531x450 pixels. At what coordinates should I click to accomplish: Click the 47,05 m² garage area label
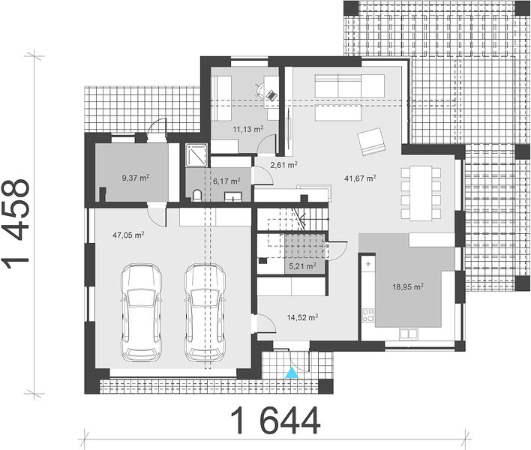(x=128, y=235)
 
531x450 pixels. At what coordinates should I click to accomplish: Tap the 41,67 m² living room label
(x=360, y=178)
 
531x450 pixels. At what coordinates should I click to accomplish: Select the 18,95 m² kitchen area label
(x=408, y=287)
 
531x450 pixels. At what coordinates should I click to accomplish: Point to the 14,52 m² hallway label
(x=302, y=317)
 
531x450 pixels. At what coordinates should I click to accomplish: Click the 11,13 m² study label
(x=248, y=129)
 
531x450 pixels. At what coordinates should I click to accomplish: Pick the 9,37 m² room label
(x=136, y=178)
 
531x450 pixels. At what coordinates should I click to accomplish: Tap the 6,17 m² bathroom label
(x=226, y=181)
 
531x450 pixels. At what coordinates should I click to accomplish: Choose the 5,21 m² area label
(x=302, y=266)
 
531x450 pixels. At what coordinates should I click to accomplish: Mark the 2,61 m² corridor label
(x=283, y=165)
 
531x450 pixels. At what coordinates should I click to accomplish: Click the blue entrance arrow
(x=291, y=373)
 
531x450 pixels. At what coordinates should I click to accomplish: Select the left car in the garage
(x=141, y=313)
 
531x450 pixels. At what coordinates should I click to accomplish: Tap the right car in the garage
(x=205, y=313)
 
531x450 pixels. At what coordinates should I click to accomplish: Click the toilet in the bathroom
(x=197, y=195)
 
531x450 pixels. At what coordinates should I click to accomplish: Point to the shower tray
(x=196, y=155)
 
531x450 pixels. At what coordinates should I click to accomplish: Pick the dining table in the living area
(x=421, y=193)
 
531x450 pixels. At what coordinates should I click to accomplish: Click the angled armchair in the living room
(x=370, y=142)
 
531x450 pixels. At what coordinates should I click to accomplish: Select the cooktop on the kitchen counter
(x=368, y=315)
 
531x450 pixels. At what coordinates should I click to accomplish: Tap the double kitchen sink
(x=409, y=334)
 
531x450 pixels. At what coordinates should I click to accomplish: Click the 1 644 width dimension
(x=275, y=421)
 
